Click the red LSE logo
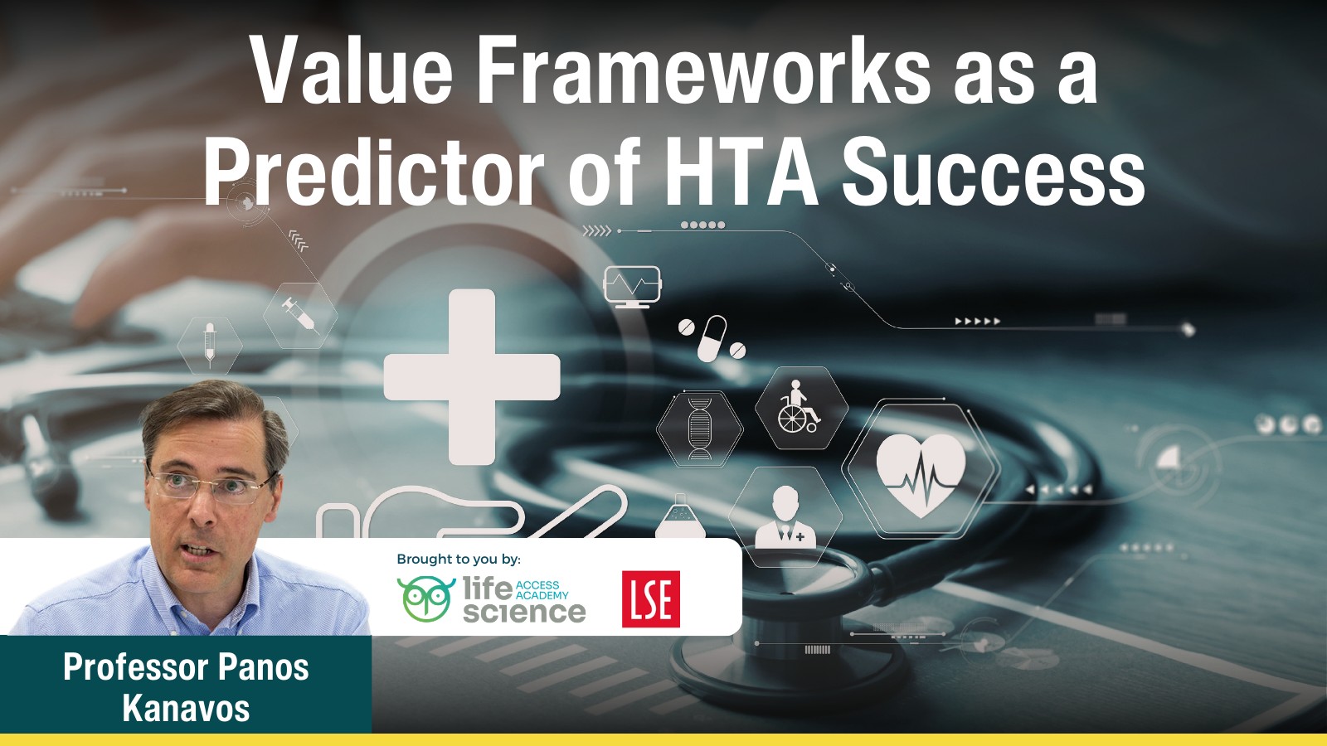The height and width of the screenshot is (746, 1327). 651,599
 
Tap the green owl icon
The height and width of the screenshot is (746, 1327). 425,598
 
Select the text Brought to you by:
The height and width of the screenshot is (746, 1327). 459,559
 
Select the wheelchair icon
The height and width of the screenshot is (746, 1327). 798,408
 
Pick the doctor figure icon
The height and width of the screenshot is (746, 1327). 785,518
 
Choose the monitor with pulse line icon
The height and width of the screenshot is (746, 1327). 632,286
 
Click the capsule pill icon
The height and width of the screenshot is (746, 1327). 712,337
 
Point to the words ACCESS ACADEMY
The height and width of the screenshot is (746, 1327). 542,590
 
